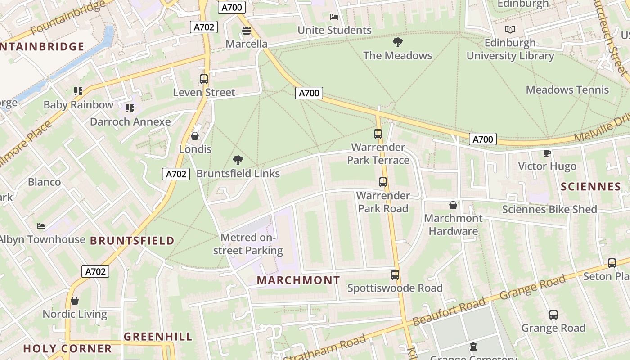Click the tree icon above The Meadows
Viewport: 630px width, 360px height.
(x=397, y=43)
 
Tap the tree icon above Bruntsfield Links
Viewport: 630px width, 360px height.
(x=238, y=160)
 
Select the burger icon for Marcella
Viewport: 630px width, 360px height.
(x=246, y=31)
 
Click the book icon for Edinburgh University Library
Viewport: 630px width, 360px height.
(x=510, y=30)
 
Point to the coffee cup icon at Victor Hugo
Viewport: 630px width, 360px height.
(x=547, y=153)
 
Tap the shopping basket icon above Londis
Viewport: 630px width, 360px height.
(x=195, y=136)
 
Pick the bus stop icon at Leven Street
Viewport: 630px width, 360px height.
(x=204, y=79)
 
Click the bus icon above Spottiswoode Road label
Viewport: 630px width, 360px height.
(x=395, y=274)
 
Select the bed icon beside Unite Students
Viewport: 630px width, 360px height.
(x=334, y=17)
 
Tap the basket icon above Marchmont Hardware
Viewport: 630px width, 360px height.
(x=453, y=205)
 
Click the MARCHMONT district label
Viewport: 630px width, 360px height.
(x=298, y=280)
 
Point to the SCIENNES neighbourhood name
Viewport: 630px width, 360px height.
(x=591, y=187)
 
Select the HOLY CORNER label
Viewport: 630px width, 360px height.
(x=67, y=348)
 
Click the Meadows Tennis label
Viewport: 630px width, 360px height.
(x=567, y=90)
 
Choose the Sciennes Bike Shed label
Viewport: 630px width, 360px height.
(x=549, y=209)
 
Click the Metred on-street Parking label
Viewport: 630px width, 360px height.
(x=248, y=244)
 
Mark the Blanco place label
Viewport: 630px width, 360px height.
(x=44, y=182)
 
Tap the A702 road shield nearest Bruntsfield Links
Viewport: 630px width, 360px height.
(x=176, y=174)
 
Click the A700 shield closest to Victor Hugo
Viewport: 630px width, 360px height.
(x=482, y=139)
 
